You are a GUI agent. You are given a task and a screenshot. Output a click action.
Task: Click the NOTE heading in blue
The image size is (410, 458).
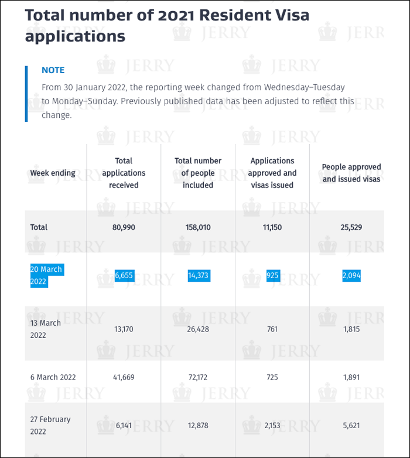53,70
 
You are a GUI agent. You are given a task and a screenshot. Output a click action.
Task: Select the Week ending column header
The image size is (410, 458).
53,173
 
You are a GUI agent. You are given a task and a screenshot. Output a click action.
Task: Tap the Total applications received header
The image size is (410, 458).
124,173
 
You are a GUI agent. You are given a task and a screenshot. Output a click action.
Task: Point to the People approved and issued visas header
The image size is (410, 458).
351,173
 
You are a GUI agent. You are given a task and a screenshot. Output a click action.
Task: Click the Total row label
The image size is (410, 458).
39,227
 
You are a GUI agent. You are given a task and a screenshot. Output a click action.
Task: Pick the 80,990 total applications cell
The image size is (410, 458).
124,227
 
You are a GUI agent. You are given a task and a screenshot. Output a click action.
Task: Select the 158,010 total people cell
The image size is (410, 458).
198,227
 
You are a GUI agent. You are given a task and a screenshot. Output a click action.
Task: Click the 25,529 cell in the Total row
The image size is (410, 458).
351,227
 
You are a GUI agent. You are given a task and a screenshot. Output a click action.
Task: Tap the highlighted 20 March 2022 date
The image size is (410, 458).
46,275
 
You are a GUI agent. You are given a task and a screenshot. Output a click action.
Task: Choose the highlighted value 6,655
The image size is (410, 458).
124,275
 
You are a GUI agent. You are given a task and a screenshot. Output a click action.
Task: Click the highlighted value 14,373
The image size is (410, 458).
199,275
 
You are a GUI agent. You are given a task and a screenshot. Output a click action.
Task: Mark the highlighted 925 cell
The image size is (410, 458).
273,275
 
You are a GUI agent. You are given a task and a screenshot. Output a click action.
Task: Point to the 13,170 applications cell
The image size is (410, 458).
124,329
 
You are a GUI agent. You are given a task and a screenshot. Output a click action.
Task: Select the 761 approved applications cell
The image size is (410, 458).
272,329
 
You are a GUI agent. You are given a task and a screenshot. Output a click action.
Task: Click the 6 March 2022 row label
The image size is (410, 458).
53,377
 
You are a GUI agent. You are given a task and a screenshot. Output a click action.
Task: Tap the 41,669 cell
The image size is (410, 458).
124,377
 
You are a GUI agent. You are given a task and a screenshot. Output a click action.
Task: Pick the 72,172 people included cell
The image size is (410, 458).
198,377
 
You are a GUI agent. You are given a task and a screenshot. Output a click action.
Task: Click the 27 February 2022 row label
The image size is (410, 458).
50,426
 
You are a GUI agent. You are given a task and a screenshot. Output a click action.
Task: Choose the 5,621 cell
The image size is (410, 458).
351,426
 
